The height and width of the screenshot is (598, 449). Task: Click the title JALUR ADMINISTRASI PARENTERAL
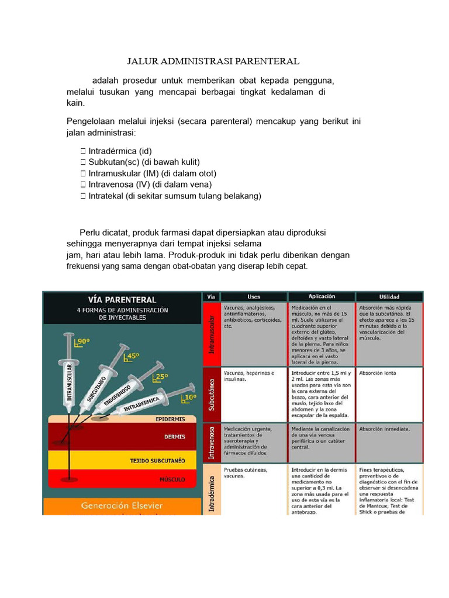click(213, 61)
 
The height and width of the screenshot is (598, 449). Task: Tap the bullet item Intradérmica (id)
click(120, 151)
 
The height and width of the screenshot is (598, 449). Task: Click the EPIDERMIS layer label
click(170, 419)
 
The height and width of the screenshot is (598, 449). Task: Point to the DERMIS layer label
click(175, 436)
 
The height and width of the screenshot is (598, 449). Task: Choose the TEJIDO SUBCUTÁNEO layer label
click(157, 461)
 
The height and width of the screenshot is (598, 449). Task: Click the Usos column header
click(253, 296)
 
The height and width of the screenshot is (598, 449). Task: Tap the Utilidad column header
click(389, 296)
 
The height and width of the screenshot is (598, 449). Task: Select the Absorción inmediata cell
click(384, 429)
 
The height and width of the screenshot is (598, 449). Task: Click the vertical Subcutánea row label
click(212, 395)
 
